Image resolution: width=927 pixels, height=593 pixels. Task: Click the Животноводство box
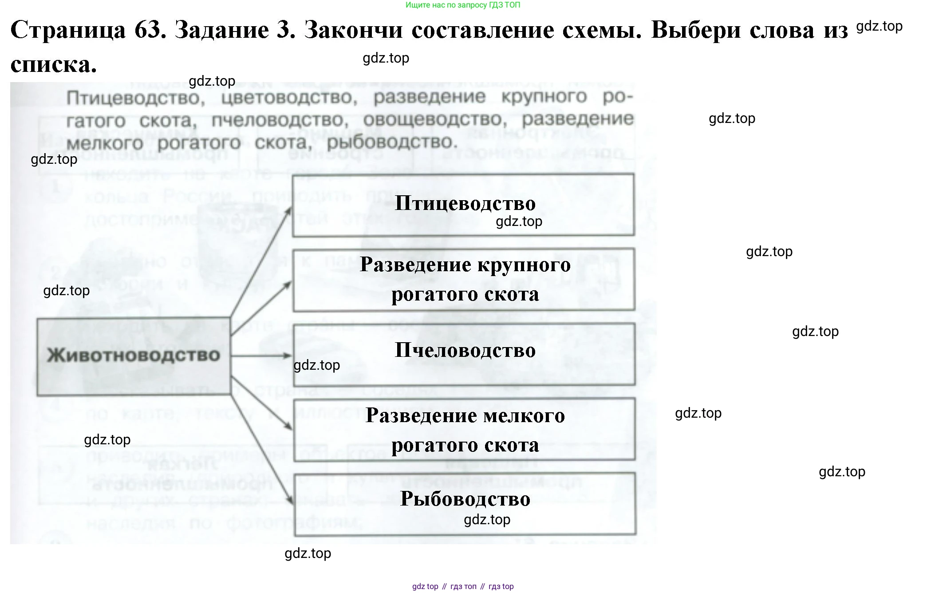[133, 356]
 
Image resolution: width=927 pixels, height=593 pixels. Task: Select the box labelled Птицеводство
[463, 205]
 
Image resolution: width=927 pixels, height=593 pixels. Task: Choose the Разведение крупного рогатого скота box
[464, 279]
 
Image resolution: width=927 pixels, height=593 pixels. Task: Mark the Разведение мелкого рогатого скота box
[464, 430]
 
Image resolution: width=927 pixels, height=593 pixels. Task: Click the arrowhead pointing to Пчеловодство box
[288, 356]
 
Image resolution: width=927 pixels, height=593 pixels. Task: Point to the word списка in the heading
[53, 65]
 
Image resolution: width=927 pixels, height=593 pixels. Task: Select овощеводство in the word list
[433, 119]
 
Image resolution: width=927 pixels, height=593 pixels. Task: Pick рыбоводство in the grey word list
[391, 142]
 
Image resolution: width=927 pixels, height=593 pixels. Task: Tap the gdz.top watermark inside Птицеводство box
[519, 221]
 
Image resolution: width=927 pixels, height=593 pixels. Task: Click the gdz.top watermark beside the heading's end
[879, 26]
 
